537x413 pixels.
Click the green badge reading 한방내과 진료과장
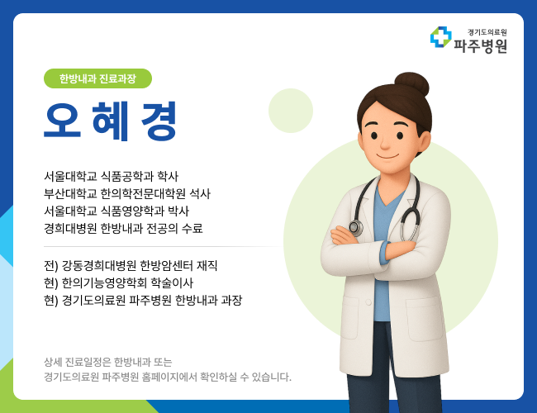pyautogui.click(x=97, y=79)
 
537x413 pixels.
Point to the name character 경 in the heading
pyautogui.click(x=159, y=121)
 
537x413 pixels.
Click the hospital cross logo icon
pyautogui.click(x=440, y=37)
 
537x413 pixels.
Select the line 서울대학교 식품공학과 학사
pyautogui.click(x=112, y=176)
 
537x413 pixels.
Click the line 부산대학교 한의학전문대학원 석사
pyautogui.click(x=127, y=193)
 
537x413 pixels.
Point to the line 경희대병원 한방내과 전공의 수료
pyautogui.click(x=123, y=228)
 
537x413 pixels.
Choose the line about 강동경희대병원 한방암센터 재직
pyautogui.click(x=131, y=265)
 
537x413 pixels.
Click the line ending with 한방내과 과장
pyautogui.click(x=143, y=300)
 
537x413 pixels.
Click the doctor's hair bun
pyautogui.click(x=411, y=84)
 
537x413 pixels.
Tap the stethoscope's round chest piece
pyautogui.click(x=356, y=227)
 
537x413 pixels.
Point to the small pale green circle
pyautogui.click(x=291, y=111)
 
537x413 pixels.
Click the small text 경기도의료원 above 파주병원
pyautogui.click(x=487, y=31)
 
